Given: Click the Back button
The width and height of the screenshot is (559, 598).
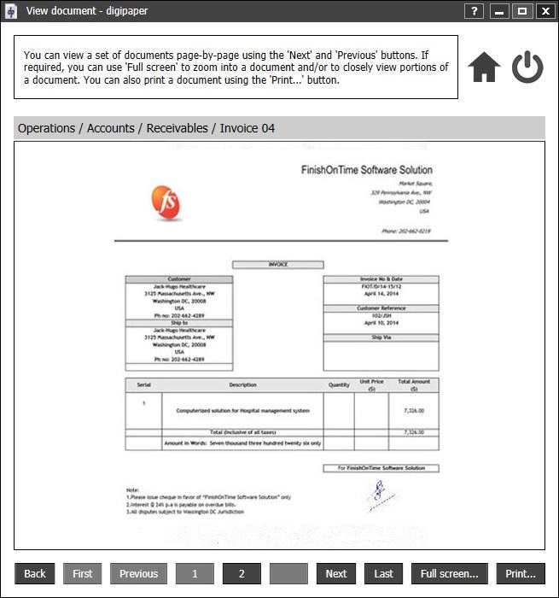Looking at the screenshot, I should click(x=35, y=573).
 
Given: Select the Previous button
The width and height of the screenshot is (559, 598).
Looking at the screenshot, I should click(x=138, y=573).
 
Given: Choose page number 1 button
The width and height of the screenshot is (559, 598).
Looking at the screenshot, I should click(x=195, y=573).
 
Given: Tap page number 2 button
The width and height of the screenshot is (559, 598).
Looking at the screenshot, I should click(x=242, y=573).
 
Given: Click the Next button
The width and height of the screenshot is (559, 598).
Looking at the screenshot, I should click(x=336, y=573).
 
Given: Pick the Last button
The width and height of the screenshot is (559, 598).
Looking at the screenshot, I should click(x=383, y=573).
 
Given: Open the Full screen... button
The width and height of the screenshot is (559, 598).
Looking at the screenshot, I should click(x=450, y=573).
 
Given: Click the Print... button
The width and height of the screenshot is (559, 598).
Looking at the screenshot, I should click(x=521, y=573).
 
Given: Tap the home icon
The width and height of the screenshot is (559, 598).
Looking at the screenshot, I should click(x=484, y=67).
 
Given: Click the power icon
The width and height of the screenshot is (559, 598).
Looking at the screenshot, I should click(x=527, y=67).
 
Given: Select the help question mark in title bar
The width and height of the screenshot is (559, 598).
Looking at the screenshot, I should click(x=475, y=11).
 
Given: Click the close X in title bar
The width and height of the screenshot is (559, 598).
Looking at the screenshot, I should click(x=544, y=11).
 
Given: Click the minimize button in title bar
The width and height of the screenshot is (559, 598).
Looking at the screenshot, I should click(x=498, y=11).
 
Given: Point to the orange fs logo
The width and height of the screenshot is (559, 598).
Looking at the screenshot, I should click(x=166, y=202).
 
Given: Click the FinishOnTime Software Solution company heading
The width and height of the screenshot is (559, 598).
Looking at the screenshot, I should click(x=366, y=170).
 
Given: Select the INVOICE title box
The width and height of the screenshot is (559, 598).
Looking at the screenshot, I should click(x=278, y=265).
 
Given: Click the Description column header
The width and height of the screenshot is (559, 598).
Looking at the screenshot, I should click(x=242, y=385).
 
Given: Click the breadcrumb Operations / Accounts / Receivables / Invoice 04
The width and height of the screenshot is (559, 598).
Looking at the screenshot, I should click(x=146, y=128).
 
